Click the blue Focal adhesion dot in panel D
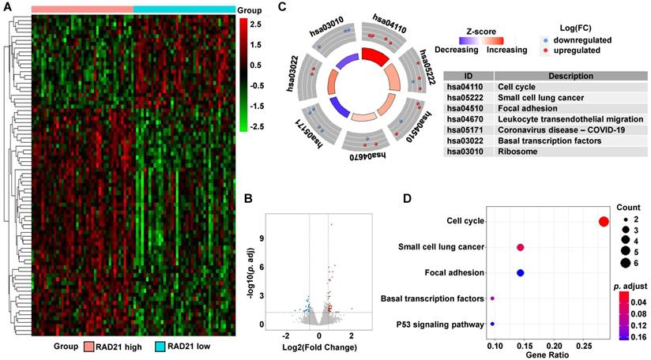520,273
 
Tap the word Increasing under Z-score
506,50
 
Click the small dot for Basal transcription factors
492,298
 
